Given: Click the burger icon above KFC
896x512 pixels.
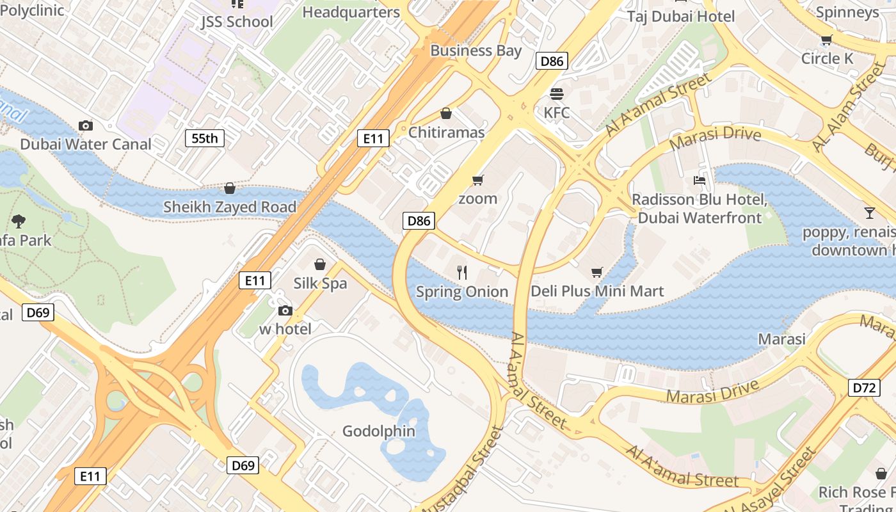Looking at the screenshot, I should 556,94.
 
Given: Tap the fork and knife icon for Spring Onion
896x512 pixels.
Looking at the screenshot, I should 462,273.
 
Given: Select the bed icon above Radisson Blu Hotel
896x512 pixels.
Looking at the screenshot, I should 700,180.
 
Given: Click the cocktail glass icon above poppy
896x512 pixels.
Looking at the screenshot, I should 869,213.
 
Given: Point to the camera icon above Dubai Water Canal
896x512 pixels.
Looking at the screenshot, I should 85,125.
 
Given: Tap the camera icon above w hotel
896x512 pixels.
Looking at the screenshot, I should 285,311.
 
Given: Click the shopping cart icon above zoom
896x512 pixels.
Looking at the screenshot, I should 477,180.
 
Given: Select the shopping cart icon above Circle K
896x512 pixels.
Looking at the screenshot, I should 826,40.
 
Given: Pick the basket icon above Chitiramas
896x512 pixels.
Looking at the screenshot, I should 446,113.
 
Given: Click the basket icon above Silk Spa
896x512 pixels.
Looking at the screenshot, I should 320,264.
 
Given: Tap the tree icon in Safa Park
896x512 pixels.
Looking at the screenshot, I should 19,221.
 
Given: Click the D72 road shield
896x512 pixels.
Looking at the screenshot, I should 864,387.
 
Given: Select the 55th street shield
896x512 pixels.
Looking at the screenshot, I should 205,138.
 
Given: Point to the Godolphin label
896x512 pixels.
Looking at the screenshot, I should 379,431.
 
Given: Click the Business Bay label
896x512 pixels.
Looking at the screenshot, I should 476,51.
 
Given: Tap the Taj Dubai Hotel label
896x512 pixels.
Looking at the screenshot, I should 681,16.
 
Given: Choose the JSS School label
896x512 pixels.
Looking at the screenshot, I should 237,22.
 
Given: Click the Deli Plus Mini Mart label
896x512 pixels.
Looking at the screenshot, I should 597,291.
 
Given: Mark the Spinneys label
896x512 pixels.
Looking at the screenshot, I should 847,12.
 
